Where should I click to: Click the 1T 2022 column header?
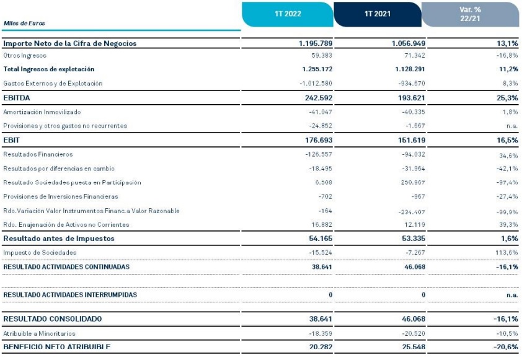287,14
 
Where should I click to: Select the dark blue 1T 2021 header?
378,14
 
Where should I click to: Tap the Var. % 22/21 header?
470,14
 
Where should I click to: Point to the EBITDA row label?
17,98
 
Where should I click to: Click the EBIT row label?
12,141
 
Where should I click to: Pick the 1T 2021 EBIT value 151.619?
408,141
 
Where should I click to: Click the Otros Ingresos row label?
26,56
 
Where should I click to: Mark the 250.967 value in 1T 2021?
412,183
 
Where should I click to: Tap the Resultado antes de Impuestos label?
60,239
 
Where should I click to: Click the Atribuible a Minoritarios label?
41,333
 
